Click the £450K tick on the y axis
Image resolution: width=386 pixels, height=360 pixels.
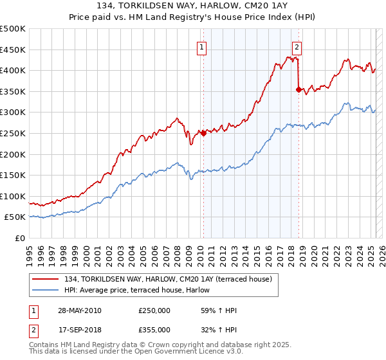point(13,50)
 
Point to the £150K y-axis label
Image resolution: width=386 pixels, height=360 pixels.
point(13,175)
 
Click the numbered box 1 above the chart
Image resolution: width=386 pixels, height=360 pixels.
point(202,46)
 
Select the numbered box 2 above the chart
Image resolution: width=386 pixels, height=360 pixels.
point(297,46)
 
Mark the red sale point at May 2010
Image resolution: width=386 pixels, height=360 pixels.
point(203,133)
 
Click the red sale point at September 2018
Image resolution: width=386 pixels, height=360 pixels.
point(299,89)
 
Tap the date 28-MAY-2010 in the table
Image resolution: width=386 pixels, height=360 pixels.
point(80,310)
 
